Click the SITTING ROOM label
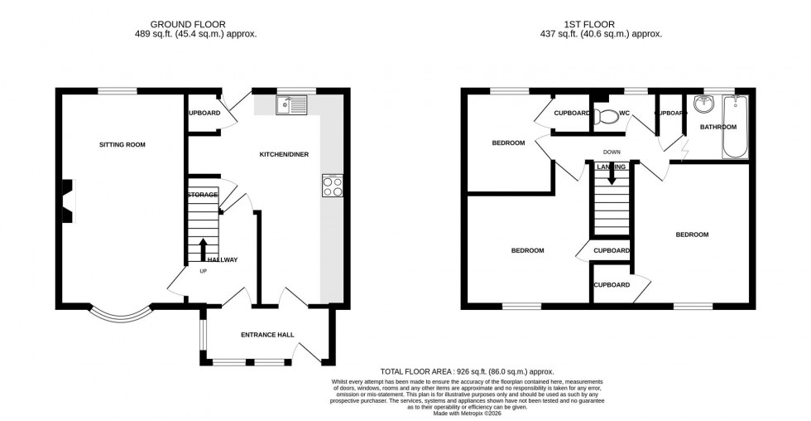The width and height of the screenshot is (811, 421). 122,145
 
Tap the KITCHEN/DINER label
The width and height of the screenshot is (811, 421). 284,155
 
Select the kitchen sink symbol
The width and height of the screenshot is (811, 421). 293,105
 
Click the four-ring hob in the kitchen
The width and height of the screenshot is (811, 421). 332,186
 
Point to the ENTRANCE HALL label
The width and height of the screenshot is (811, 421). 267,335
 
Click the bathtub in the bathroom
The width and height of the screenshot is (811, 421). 735,128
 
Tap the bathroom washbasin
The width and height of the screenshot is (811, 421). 704,105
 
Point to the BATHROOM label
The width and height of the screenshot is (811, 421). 717,127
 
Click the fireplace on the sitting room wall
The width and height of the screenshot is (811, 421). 69,201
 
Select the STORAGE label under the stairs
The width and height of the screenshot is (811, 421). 202,195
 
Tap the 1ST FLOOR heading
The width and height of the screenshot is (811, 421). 601,25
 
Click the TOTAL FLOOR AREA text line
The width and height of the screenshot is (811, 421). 467,372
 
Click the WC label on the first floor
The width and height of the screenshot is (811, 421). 624,113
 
